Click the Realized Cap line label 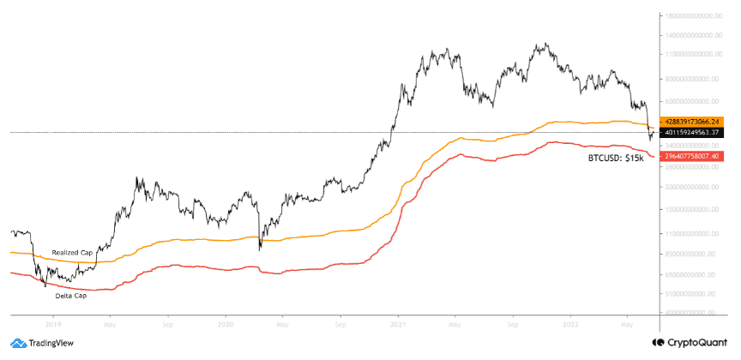click(71, 253)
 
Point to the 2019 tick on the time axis click(54, 326)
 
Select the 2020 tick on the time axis click(226, 326)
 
